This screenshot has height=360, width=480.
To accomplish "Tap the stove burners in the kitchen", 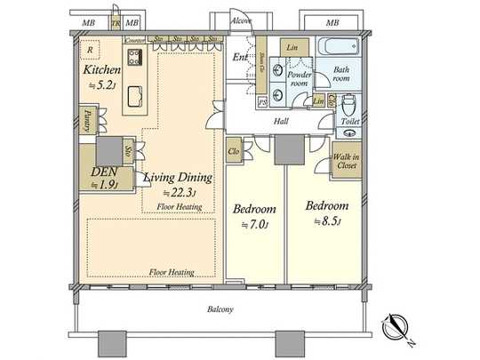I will (x=135, y=59).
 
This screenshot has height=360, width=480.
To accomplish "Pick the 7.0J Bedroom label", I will (x=253, y=209).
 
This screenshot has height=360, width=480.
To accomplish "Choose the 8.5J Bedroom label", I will (x=326, y=206).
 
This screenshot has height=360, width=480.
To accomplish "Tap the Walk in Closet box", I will (x=346, y=160).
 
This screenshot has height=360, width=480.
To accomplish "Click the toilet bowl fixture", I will (x=349, y=104).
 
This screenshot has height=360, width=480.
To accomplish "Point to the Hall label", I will (x=281, y=120).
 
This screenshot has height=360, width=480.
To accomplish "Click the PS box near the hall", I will (x=262, y=103).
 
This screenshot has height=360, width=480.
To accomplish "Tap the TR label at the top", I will (x=116, y=21).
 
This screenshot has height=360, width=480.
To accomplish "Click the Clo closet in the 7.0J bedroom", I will (x=235, y=151).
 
